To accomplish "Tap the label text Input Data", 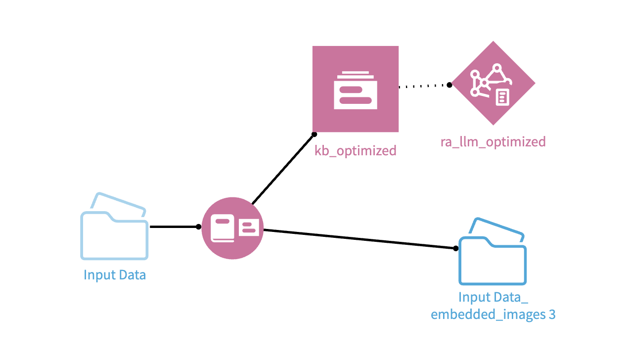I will (115, 275).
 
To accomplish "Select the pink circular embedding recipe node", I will (232, 227).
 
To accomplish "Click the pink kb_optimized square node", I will (355, 89).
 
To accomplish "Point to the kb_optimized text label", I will (355, 150).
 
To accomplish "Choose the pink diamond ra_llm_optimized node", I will (493, 83).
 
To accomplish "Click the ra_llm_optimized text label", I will (493, 142).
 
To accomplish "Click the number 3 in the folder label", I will (552, 315).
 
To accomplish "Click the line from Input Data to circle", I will (173, 227).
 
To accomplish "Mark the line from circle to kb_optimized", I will (283, 168).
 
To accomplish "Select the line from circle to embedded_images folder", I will (358, 238).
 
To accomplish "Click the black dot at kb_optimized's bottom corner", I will (314, 134).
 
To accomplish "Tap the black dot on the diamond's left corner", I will (449, 85).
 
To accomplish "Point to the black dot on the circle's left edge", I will (198, 227).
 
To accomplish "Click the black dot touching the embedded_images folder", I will (455, 248).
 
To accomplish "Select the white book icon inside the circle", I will (223, 228).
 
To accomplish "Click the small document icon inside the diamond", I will (502, 97).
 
